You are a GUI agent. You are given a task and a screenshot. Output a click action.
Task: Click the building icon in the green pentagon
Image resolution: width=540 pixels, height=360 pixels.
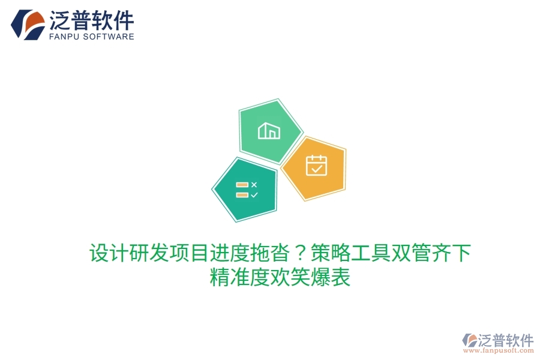pos(269,131)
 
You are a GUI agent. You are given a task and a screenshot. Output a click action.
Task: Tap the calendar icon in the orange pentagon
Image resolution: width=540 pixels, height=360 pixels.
pos(316,165)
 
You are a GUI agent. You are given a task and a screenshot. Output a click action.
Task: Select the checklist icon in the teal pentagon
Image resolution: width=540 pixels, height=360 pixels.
pos(247,190)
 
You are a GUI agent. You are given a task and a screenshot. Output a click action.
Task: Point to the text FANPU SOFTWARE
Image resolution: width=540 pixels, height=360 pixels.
pos(91,37)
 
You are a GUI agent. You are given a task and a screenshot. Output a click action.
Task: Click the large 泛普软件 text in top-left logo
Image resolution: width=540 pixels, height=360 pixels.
pos(91,20)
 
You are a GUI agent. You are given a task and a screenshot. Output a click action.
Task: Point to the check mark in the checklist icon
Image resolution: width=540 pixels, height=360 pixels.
pos(254,195)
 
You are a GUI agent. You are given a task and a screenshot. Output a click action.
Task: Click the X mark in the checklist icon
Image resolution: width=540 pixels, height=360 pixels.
pos(254,185)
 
